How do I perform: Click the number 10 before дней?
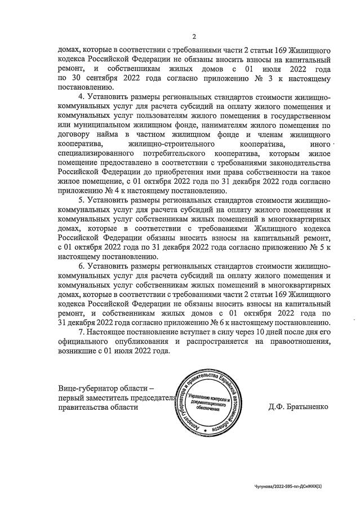click(x=247, y=332)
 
